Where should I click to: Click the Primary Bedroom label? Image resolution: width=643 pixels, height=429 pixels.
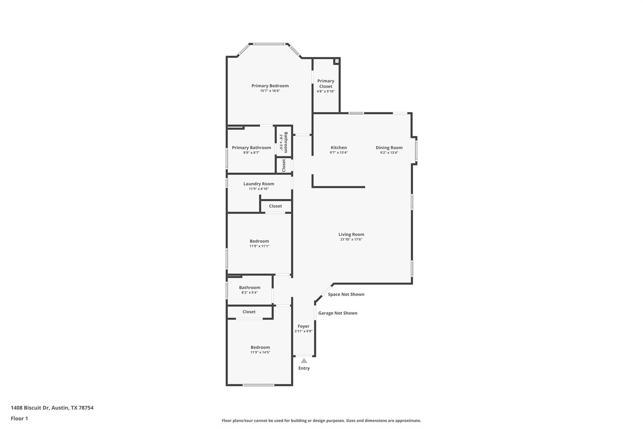point(270,86)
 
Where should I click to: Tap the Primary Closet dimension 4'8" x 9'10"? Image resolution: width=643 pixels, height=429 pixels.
point(326,91)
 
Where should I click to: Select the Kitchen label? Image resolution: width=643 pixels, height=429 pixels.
point(338,147)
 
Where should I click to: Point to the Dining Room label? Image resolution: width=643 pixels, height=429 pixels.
point(389,147)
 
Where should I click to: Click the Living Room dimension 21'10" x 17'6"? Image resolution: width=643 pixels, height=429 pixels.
point(351,239)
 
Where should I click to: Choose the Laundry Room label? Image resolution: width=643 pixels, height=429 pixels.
point(258,184)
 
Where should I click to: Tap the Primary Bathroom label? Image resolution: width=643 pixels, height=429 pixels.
point(251,147)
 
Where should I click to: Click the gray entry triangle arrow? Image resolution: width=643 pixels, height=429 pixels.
point(304,361)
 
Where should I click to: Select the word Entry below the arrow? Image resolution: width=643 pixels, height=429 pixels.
point(304,368)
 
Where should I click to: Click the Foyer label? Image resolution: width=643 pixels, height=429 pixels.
point(303,326)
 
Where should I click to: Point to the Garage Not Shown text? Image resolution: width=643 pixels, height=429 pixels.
point(338,313)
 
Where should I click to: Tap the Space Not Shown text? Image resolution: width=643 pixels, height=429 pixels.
point(346,294)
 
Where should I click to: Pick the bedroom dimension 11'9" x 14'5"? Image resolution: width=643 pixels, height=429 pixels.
point(260,352)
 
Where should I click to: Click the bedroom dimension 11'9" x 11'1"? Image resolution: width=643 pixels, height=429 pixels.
point(259,246)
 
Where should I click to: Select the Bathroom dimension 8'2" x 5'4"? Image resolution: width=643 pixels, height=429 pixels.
point(249,293)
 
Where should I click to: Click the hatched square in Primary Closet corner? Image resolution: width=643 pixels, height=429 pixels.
point(337,61)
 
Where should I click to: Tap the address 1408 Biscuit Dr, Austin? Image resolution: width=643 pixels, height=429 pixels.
point(52,408)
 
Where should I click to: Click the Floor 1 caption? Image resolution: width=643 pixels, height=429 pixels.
point(19,418)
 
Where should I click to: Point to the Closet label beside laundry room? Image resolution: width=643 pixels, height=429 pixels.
point(275,206)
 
